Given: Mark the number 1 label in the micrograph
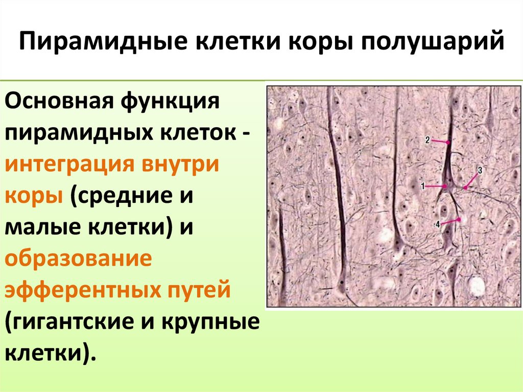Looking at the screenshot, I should pyautogui.click(x=422, y=187).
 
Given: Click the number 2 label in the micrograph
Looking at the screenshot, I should pyautogui.click(x=427, y=139).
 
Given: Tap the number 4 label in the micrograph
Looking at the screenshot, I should pyautogui.click(x=437, y=224).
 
